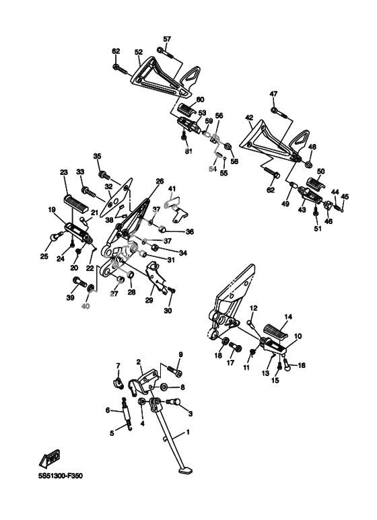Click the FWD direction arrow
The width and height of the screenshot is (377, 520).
tap(49, 457)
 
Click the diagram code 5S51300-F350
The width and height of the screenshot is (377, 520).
tap(61, 476)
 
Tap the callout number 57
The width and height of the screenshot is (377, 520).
tap(167, 39)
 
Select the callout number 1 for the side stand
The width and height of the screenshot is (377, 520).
tap(188, 433)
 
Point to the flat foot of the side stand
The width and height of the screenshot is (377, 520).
tap(186, 470)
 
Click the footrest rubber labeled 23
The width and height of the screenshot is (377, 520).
tap(75, 202)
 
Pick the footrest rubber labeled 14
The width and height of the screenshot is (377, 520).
tap(275, 332)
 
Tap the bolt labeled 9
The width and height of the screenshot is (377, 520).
tap(175, 371)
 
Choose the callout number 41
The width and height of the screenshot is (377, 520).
tap(172, 189)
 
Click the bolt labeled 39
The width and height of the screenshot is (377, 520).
tap(79, 283)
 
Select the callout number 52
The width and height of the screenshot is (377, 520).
tap(139, 52)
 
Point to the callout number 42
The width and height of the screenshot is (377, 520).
tap(249, 117)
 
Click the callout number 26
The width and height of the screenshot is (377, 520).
tap(160, 181)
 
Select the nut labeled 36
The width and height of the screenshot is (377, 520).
tap(162, 229)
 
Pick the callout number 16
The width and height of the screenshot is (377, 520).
tap(302, 365)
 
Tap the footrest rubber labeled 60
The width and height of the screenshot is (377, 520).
tap(188, 109)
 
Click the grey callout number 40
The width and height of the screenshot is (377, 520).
tap(85, 307)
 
